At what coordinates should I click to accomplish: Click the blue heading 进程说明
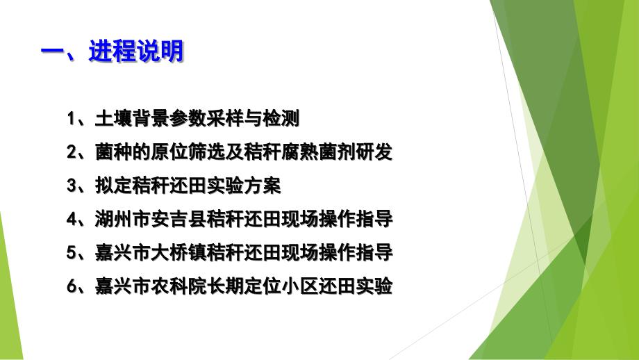[137, 51]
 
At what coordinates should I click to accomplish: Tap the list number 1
[72, 119]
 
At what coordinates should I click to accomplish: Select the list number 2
[72, 152]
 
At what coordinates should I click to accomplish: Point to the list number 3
[72, 186]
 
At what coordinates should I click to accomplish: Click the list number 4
[72, 220]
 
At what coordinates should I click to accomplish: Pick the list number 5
[72, 253]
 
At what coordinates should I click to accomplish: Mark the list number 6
[72, 286]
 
